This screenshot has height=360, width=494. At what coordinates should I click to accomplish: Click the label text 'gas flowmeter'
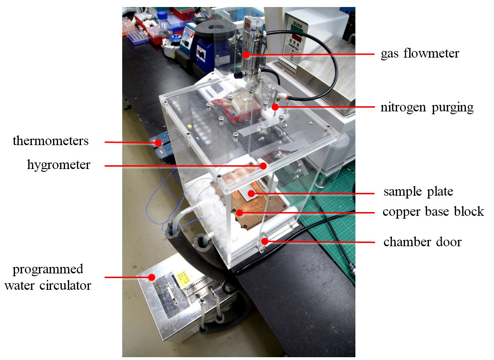tap(420, 54)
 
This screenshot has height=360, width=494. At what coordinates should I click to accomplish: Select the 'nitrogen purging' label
tap(427, 108)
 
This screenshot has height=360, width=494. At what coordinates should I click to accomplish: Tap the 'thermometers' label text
tap(51, 141)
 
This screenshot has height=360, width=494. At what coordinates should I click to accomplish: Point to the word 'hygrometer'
tap(59, 165)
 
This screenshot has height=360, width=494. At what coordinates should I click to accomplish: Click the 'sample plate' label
tap(418, 192)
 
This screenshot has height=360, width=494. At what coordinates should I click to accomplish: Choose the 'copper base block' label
tap(433, 212)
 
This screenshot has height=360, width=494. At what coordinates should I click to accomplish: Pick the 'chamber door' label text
tap(422, 242)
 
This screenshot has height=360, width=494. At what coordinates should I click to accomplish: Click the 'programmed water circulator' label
tap(48, 277)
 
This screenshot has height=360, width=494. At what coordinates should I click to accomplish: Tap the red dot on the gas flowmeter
tap(246, 55)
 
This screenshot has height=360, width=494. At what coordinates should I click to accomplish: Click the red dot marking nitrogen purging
tap(276, 107)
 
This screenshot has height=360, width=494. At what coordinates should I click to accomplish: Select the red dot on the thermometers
tap(159, 142)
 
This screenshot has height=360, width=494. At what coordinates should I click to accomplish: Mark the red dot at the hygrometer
tap(263, 165)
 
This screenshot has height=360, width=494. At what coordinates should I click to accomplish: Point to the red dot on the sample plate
tap(251, 193)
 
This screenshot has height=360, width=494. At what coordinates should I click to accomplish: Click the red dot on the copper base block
tap(240, 213)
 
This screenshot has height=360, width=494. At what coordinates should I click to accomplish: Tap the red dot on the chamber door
tap(265, 242)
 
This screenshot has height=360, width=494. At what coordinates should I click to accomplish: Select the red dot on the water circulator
tap(151, 277)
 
